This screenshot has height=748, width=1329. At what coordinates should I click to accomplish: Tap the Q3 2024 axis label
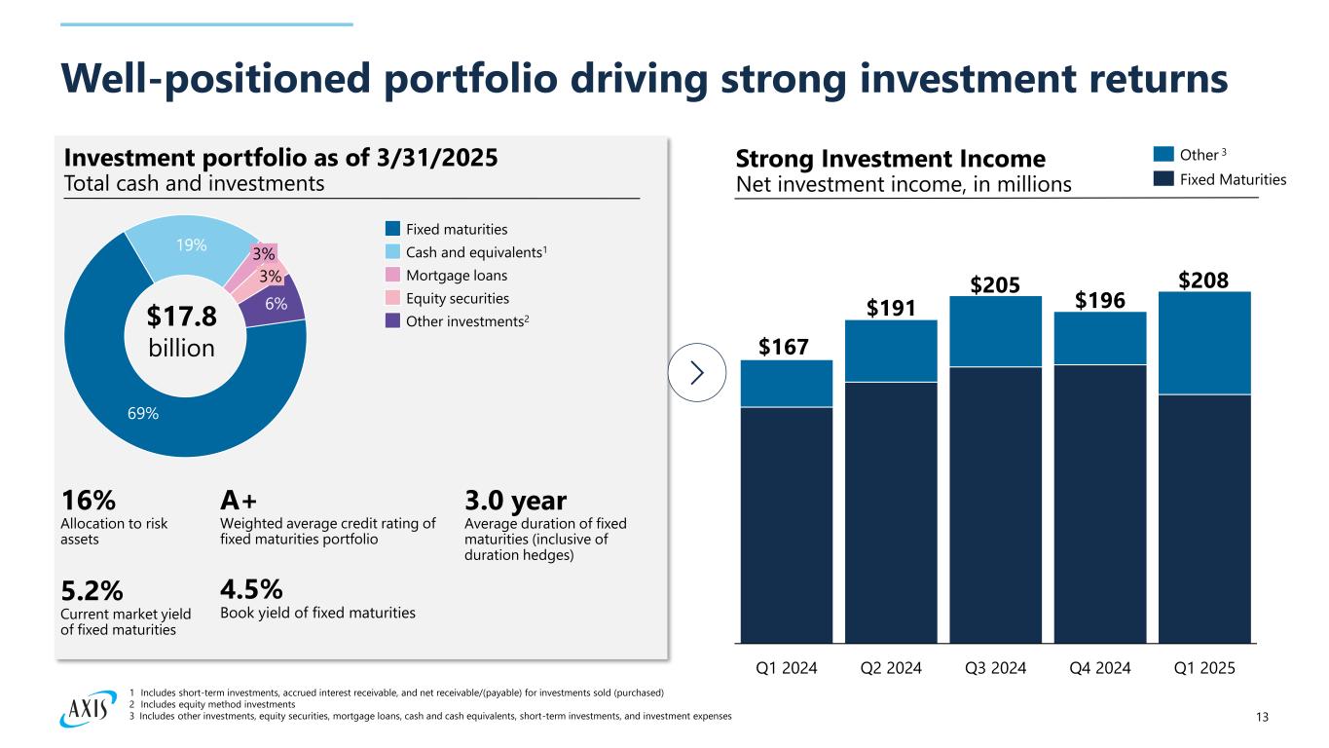(996, 668)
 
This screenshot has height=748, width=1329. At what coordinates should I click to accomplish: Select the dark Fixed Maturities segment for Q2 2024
(891, 511)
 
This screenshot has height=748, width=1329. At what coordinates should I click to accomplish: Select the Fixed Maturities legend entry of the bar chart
(1219, 179)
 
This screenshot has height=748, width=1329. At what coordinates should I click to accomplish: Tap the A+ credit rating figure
(240, 501)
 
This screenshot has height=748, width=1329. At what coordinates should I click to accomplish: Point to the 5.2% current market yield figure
(93, 591)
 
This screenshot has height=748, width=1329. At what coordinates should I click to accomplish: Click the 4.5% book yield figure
(252, 589)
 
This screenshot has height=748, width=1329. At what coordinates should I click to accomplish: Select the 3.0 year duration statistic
(516, 501)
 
